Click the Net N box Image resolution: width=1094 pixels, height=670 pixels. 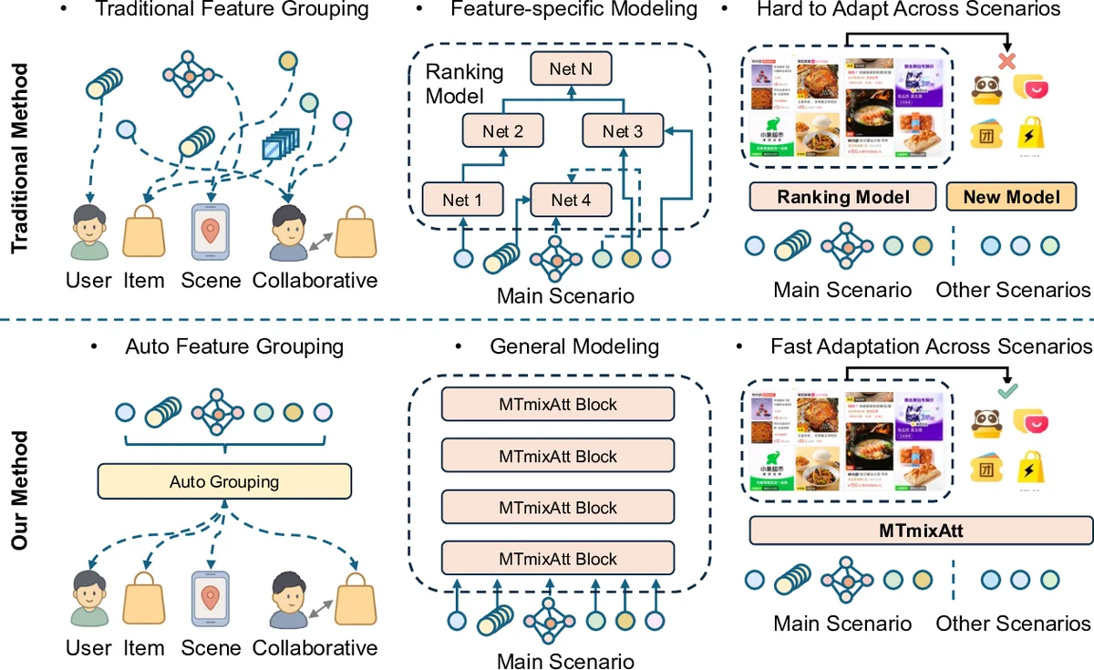click(572, 69)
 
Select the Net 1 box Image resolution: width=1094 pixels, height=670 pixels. click(463, 199)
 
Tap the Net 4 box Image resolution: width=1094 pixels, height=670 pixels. click(566, 199)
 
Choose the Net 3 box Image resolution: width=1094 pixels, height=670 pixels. click(623, 131)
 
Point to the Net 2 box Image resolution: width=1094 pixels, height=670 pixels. click(503, 131)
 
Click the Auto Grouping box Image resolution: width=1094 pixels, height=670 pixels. click(224, 481)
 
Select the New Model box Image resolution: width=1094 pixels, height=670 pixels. click(1012, 197)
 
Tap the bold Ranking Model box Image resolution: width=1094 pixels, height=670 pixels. click(842, 197)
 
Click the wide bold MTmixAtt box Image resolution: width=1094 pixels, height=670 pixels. click(920, 531)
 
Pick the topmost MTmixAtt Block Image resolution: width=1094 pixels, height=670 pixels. click(558, 405)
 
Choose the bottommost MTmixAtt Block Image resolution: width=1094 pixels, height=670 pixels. click(558, 559)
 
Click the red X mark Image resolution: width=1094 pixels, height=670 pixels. click(1006, 62)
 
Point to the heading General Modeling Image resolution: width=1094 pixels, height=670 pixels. click(574, 346)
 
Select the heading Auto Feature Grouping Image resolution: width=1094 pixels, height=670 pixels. click(233, 346)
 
